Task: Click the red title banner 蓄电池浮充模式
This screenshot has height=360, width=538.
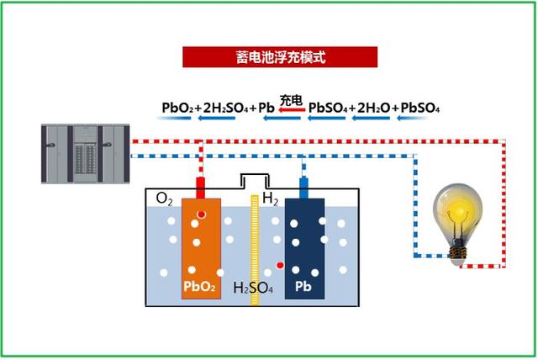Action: (280, 57)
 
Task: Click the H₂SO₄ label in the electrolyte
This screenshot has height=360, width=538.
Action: (252, 287)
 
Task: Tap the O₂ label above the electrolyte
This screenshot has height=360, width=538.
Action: (165, 199)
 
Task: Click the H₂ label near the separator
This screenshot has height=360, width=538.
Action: (271, 199)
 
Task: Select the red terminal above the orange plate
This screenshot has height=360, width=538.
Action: (201, 187)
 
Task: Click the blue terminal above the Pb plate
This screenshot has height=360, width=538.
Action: (304, 187)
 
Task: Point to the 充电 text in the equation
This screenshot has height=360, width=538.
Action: (291, 99)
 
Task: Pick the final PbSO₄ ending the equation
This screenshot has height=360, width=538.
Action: (421, 108)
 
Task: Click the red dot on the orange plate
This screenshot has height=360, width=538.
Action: (201, 215)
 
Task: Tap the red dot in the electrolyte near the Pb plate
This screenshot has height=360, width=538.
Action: (280, 266)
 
